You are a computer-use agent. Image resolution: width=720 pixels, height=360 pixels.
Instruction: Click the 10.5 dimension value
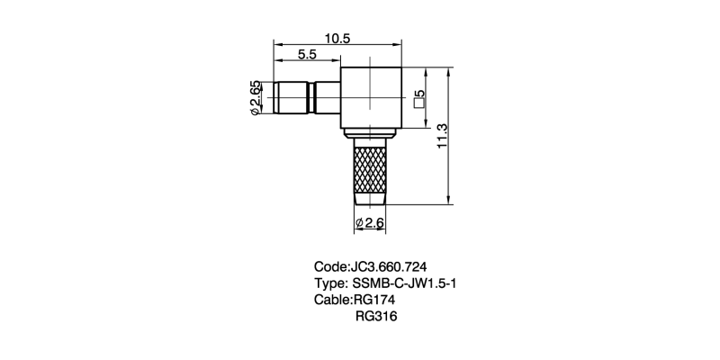(x=337, y=39)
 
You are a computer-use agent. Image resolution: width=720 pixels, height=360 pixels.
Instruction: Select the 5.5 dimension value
(x=307, y=54)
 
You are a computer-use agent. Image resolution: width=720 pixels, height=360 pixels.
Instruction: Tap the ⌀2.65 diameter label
(x=255, y=98)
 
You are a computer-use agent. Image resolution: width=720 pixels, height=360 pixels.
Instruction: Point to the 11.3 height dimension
(x=442, y=136)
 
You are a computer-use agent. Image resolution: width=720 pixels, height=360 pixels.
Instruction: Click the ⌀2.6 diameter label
(x=370, y=223)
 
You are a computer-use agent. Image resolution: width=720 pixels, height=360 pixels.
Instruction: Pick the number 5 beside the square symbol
(x=419, y=94)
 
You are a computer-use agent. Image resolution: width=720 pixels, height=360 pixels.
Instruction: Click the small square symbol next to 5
(x=418, y=103)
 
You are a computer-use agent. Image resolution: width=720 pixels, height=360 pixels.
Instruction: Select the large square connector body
(x=371, y=98)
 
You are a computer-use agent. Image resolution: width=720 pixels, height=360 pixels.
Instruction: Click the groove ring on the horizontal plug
(x=311, y=98)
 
